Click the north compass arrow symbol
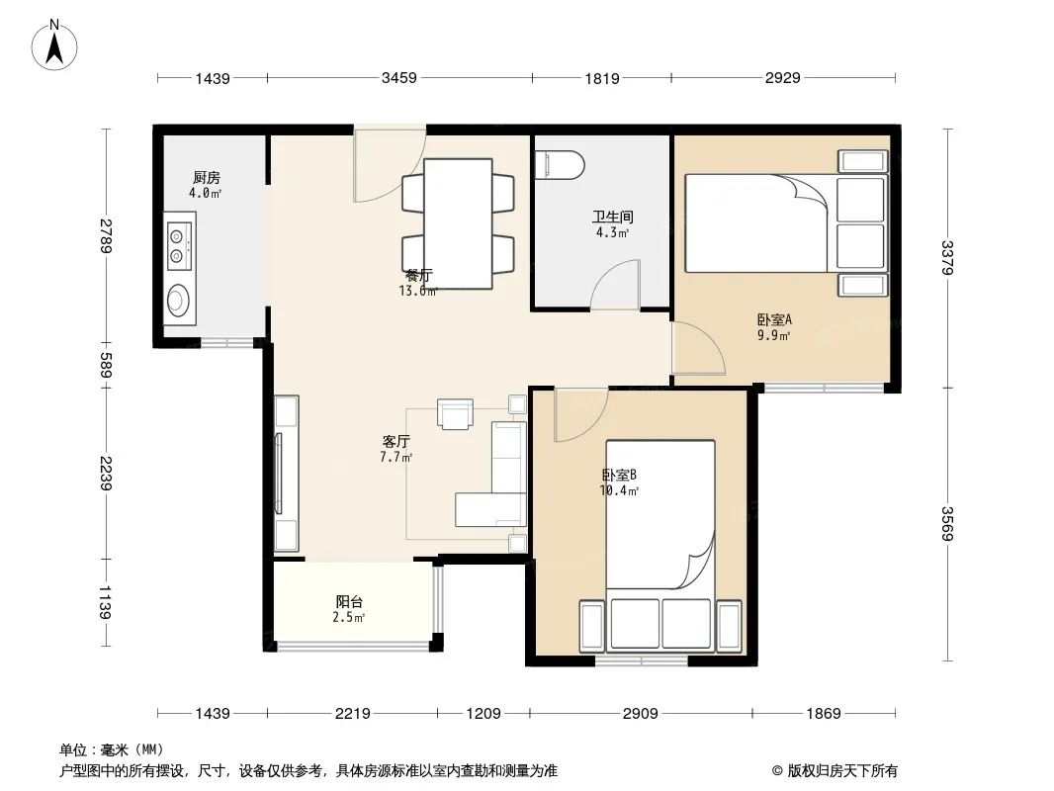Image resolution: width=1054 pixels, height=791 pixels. (54, 46)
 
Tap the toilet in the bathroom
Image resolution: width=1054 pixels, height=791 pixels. (560, 165)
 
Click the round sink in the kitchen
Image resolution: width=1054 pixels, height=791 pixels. (179, 300)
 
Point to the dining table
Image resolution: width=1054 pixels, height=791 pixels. (458, 223)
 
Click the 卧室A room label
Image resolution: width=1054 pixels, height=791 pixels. (774, 319)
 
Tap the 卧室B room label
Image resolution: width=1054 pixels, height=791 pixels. (619, 475)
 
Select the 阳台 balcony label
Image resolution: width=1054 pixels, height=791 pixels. (349, 601)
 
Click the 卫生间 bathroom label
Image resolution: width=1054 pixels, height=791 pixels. (612, 217)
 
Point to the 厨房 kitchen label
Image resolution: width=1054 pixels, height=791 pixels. (206, 177)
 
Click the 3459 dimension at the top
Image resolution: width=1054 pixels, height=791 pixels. (399, 78)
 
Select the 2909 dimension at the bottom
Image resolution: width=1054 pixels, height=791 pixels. (640, 713)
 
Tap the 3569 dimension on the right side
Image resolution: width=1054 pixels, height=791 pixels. (946, 523)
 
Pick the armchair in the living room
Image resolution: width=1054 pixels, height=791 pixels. (455, 413)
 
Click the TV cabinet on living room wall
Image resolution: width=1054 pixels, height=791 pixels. (287, 474)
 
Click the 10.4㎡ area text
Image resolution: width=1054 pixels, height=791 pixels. (619, 490)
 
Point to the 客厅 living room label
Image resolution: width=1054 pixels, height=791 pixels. (395, 442)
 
